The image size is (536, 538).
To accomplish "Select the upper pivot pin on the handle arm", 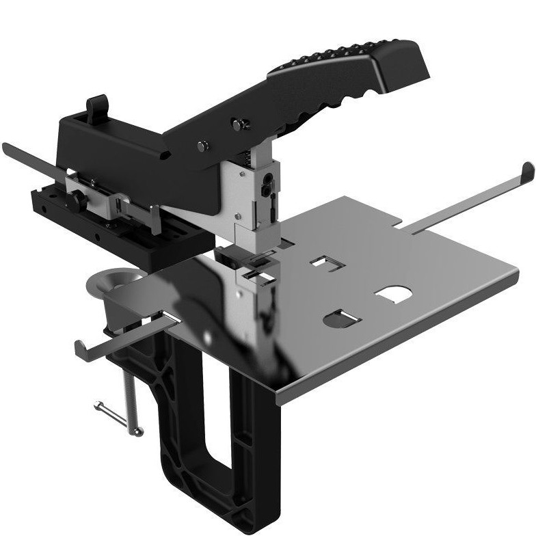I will click(x=239, y=124).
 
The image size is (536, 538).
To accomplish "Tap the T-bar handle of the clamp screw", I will click(x=119, y=417).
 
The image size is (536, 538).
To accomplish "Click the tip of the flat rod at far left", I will click(x=5, y=147).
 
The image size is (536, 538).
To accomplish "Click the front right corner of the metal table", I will click(x=280, y=400).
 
